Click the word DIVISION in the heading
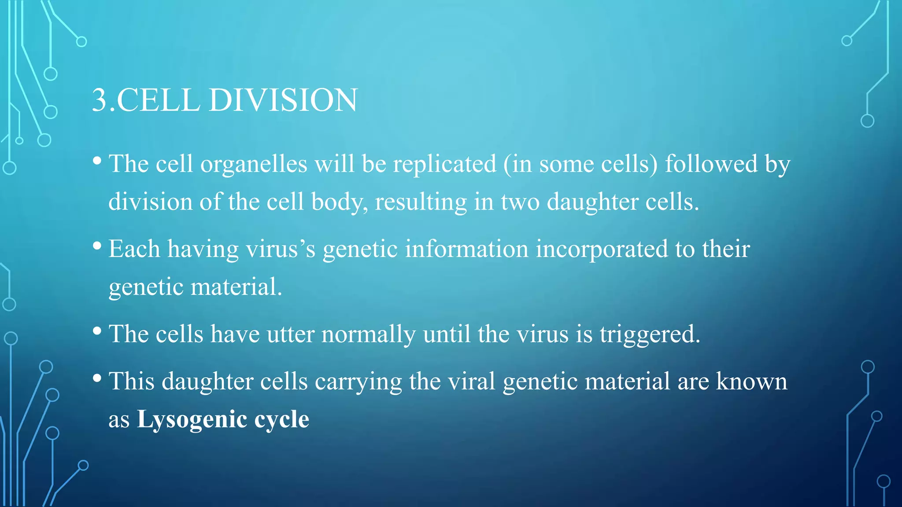[x=283, y=100]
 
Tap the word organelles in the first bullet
[x=254, y=165]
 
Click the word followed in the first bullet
[x=711, y=164]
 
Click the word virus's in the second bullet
[x=281, y=249]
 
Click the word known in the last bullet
[x=751, y=381]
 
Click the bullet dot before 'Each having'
[x=97, y=246]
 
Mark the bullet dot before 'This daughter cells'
[x=97, y=378]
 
